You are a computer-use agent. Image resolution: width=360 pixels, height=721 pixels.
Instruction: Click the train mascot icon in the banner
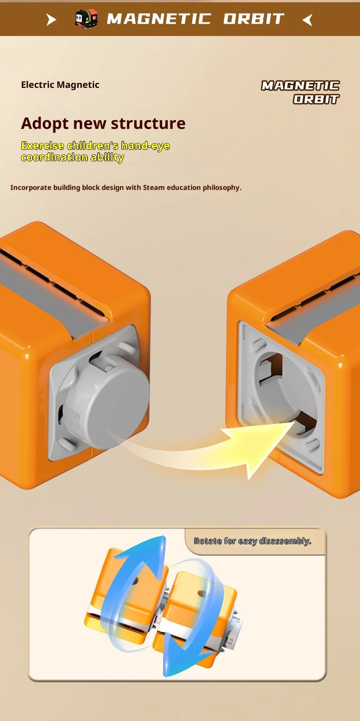86,19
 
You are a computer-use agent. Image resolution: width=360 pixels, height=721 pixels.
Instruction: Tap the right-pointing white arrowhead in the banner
51,20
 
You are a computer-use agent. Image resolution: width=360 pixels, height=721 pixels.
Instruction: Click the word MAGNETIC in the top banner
159,19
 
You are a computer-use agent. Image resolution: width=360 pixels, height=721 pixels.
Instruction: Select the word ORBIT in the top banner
254,19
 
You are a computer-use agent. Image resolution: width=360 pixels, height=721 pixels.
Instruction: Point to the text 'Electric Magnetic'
60,85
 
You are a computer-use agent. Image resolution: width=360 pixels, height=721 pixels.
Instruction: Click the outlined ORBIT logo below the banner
316,99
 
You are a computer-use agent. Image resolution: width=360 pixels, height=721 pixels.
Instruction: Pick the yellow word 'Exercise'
42,146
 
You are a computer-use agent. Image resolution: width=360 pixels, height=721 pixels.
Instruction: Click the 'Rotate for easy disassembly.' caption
252,541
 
